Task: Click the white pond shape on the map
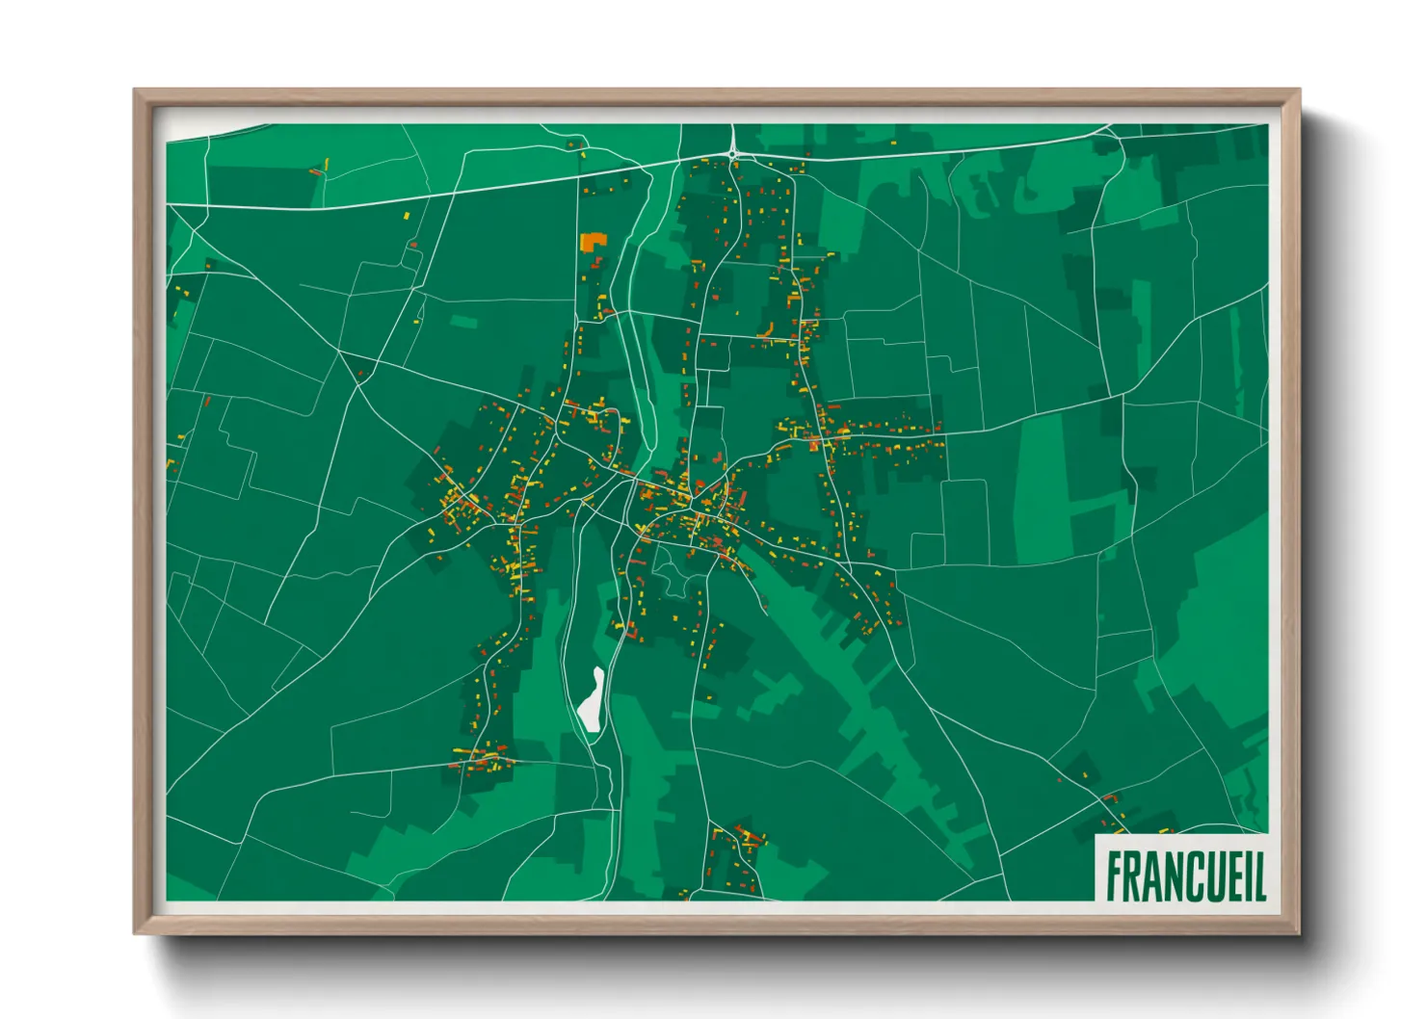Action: click(x=592, y=701)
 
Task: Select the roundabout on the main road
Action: click(x=733, y=152)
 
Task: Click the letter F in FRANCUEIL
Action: click(x=1116, y=876)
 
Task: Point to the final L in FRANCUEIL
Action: click(x=1258, y=876)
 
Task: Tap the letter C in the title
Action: click(x=1186, y=876)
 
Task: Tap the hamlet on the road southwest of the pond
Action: click(x=478, y=761)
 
